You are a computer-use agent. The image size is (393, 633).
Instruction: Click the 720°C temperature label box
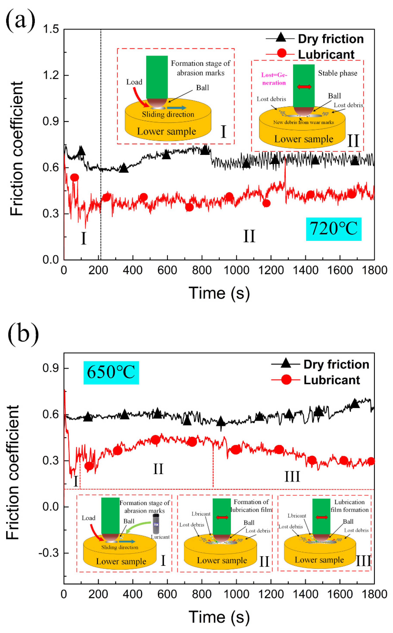tap(334, 229)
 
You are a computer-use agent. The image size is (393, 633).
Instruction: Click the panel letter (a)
tap(20, 20)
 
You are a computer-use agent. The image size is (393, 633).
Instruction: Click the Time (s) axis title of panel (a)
tap(219, 293)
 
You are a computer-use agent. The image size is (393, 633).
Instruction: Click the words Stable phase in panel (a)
tap(337, 73)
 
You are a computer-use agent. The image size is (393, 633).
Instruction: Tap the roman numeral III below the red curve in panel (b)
tap(292, 477)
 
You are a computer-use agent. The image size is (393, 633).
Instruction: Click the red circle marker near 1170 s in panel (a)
tap(266, 203)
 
